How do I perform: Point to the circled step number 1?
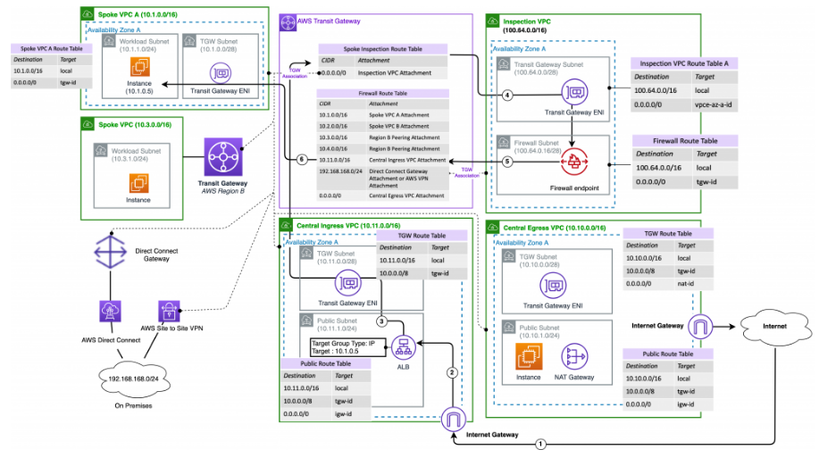(540, 443)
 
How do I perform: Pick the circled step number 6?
(302, 159)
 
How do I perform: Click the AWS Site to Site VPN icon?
(169, 312)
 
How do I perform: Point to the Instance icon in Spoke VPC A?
(138, 68)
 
